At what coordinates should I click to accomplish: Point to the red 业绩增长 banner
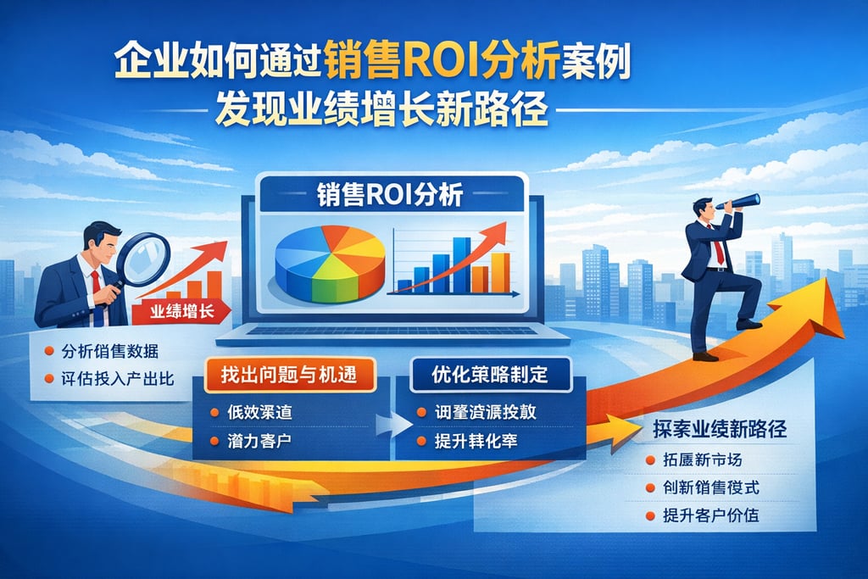pos(180,312)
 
